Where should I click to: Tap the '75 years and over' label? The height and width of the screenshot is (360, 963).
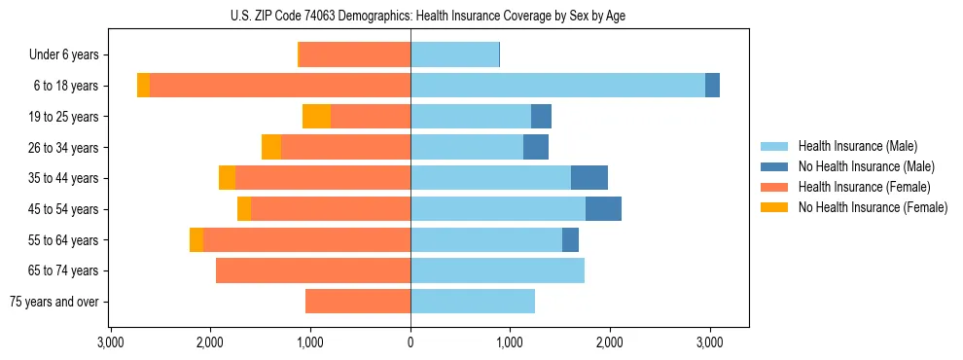coord(54,302)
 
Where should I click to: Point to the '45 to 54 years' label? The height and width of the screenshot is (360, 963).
coord(64,209)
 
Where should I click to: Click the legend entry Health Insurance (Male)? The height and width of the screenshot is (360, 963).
coord(857,146)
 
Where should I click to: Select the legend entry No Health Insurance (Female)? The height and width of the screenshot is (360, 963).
coord(873,207)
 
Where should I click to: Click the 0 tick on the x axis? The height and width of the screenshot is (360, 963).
coord(410,342)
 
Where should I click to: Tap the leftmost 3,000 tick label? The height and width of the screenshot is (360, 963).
coord(111,342)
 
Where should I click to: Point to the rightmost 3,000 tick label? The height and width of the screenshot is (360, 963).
coord(709,342)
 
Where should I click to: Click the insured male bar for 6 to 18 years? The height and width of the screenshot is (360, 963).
coord(557,86)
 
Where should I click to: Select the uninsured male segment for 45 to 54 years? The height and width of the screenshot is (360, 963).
coord(603,209)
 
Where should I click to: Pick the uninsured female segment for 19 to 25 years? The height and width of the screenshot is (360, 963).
coord(316,117)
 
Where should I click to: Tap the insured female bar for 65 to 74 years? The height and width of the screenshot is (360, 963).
coord(313,270)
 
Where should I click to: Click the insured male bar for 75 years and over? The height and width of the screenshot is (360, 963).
coord(473,302)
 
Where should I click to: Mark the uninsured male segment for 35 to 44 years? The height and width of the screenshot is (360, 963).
coord(589,178)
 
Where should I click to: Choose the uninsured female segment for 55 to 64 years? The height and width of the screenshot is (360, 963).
coord(196,240)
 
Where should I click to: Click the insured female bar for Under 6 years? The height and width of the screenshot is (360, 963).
coord(355,55)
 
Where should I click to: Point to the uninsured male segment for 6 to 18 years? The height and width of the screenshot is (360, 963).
coord(712,86)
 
